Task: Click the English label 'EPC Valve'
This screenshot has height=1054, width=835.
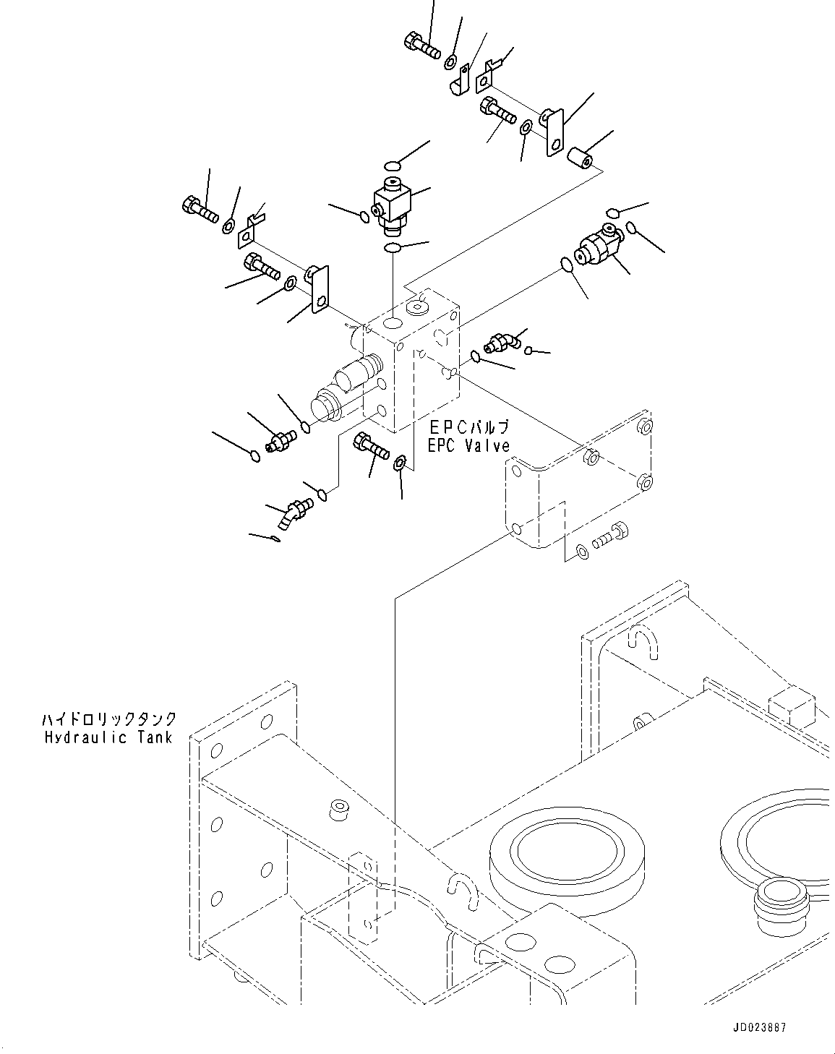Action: pyautogui.click(x=468, y=447)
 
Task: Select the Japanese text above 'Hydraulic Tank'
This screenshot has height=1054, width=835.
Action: pyautogui.click(x=108, y=719)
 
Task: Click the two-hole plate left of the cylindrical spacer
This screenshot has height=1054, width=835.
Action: pyautogui.click(x=554, y=131)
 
